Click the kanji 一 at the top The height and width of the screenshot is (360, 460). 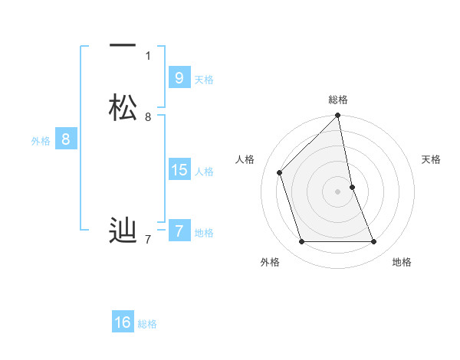tap(123, 45)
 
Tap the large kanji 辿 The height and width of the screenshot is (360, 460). tap(123, 231)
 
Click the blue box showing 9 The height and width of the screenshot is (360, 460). tap(179, 77)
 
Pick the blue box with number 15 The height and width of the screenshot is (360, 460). tap(179, 170)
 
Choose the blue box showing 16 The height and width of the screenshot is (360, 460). tap(123, 322)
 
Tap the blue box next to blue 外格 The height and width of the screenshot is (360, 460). tap(66, 139)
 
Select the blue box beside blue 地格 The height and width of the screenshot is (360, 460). tap(179, 231)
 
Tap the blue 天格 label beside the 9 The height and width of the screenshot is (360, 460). tap(204, 80)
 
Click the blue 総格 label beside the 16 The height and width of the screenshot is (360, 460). tap(147, 324)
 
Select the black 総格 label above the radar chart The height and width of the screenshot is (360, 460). tap(337, 100)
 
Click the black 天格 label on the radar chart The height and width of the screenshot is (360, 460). tap(431, 159)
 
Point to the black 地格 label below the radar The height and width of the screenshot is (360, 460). tap(402, 262)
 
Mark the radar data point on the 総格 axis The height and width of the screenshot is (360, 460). tap(337, 116)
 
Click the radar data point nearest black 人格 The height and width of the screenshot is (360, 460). tap(280, 172)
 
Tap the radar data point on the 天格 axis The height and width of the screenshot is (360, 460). tap(352, 187)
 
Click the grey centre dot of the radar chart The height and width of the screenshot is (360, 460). tap(337, 191)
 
